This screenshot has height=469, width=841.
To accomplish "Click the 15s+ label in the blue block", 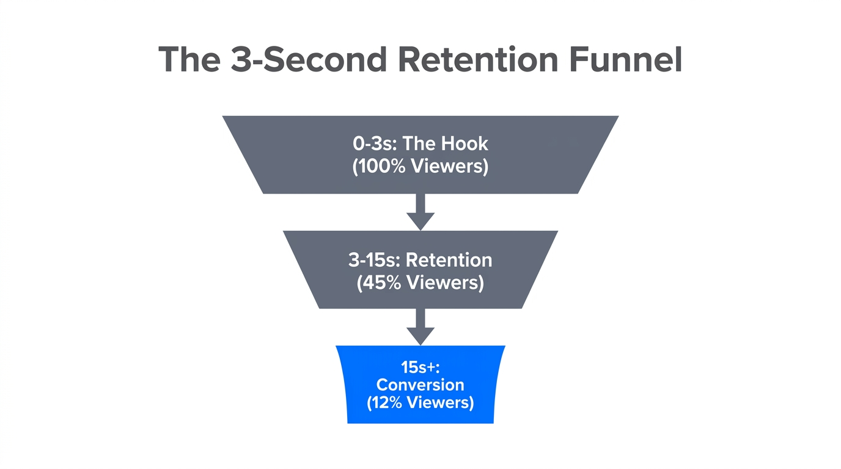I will tap(420, 367).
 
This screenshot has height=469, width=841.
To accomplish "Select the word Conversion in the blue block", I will tap(420, 385).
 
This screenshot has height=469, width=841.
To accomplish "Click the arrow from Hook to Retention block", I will tap(420, 212).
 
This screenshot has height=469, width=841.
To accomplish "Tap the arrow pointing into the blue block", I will tap(420, 327).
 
